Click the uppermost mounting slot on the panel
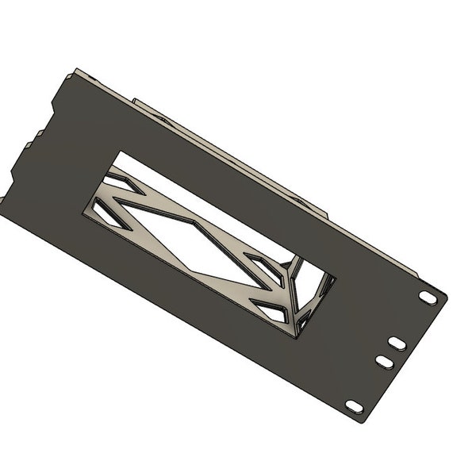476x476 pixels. click(x=428, y=297)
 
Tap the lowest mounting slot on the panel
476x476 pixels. click(x=355, y=406)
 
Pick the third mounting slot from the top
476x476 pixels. click(x=383, y=362)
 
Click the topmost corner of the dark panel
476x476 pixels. click(x=74, y=68)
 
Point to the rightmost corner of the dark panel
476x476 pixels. click(x=447, y=297)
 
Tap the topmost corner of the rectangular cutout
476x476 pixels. click(x=118, y=152)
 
